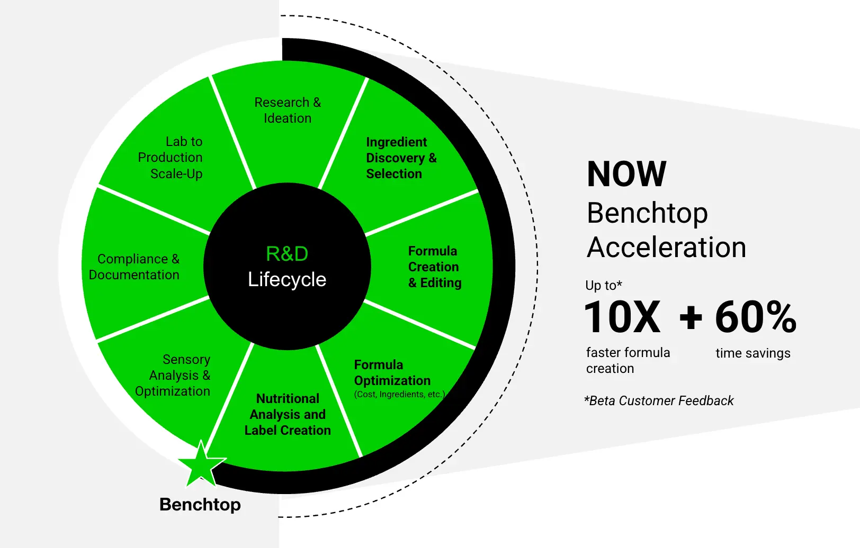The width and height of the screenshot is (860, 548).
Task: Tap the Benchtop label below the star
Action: (x=200, y=504)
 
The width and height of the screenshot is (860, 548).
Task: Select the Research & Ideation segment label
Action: (x=288, y=110)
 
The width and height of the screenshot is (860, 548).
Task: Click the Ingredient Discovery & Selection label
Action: (x=401, y=158)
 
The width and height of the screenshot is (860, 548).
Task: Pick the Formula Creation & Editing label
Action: (x=435, y=267)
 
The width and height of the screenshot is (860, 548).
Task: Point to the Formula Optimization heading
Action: (x=392, y=372)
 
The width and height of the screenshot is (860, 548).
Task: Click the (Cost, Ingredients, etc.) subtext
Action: (x=399, y=394)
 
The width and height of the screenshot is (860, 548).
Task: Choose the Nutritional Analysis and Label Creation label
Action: (x=288, y=414)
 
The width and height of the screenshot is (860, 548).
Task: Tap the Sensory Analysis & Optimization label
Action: (x=173, y=375)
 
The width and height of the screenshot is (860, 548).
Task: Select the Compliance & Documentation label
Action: (x=134, y=267)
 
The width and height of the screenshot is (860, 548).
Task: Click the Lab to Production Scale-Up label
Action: (x=170, y=157)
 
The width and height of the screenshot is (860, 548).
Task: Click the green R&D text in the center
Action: (x=287, y=253)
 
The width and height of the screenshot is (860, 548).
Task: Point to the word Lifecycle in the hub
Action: (x=287, y=279)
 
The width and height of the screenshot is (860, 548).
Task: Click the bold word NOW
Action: (x=626, y=173)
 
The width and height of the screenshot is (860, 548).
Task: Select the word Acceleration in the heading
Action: (x=667, y=248)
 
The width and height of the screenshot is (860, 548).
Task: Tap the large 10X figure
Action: (x=622, y=317)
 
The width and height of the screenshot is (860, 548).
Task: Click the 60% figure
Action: (x=756, y=317)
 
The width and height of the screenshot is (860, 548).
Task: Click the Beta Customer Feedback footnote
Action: (x=659, y=401)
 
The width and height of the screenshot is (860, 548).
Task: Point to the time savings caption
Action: (x=753, y=353)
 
